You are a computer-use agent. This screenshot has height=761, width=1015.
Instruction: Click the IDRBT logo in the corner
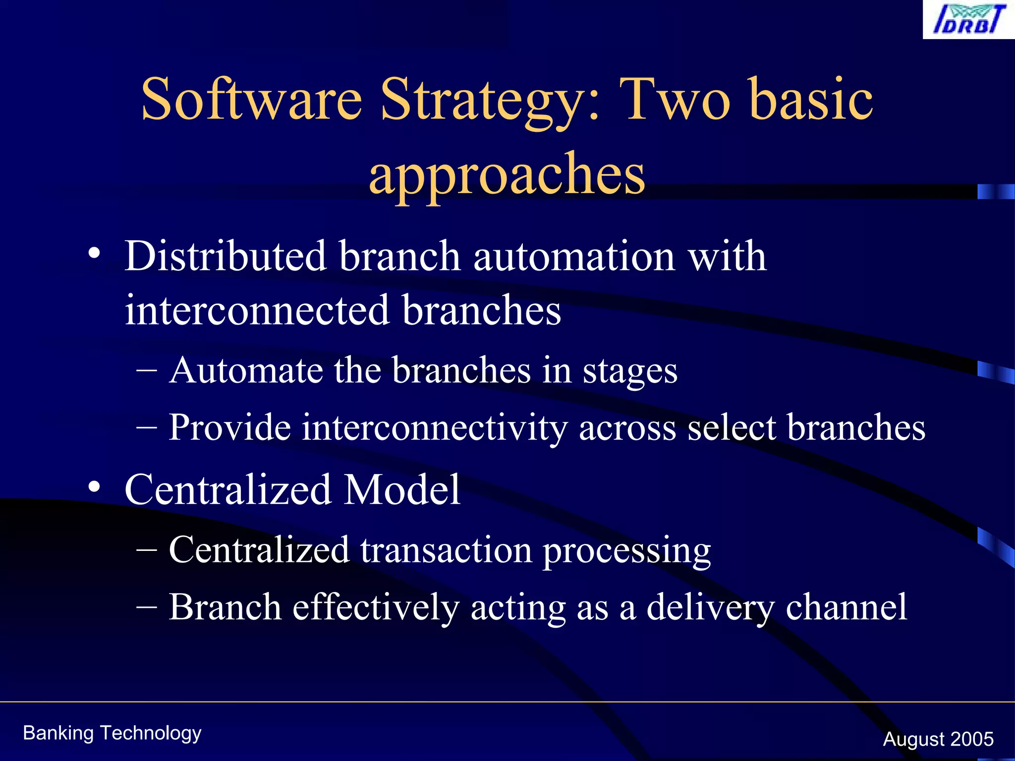tap(968, 20)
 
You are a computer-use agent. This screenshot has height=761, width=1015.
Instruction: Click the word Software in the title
tap(252, 99)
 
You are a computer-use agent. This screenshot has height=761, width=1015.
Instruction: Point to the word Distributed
tap(225, 257)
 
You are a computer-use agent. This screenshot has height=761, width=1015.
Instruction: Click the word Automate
tap(245, 371)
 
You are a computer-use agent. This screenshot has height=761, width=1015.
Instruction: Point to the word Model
tap(402, 489)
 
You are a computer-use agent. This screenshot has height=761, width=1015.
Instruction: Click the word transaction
tap(446, 550)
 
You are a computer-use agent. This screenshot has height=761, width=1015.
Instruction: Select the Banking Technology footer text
tap(112, 733)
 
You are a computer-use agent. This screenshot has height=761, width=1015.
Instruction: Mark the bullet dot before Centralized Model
tap(94, 488)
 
